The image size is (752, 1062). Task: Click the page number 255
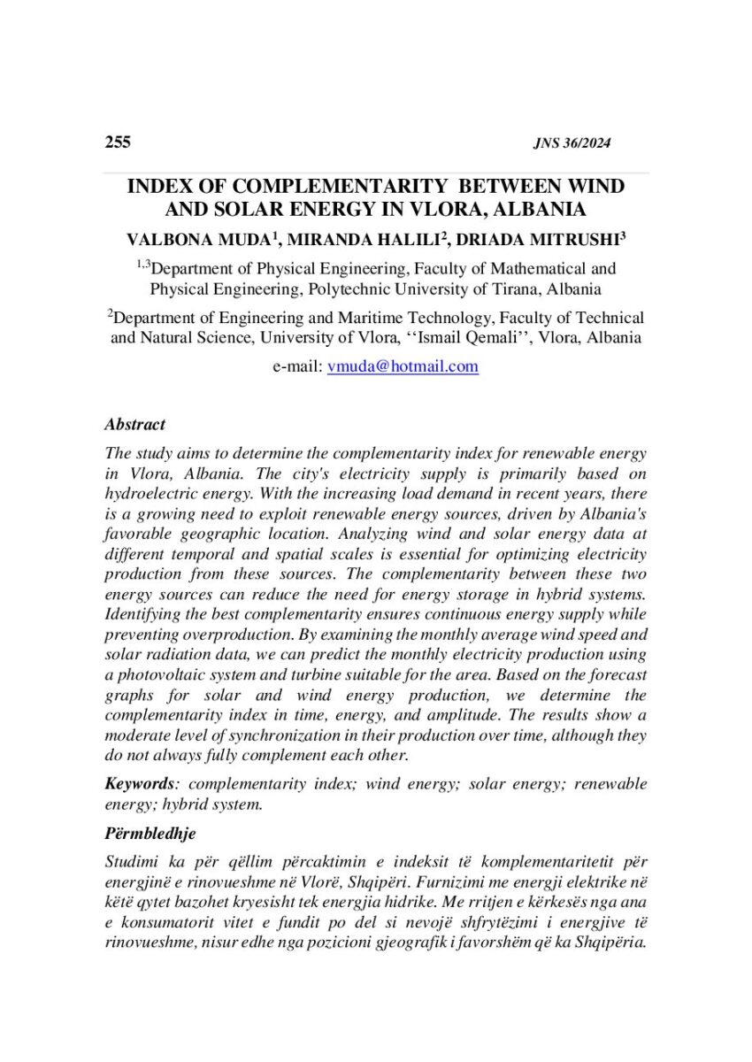[118, 142]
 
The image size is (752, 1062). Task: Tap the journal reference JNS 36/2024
[572, 144]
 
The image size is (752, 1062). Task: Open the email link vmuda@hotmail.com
[403, 366]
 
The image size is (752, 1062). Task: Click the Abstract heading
[134, 425]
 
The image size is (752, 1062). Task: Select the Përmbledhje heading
[150, 834]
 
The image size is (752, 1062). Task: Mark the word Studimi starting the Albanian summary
[131, 861]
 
